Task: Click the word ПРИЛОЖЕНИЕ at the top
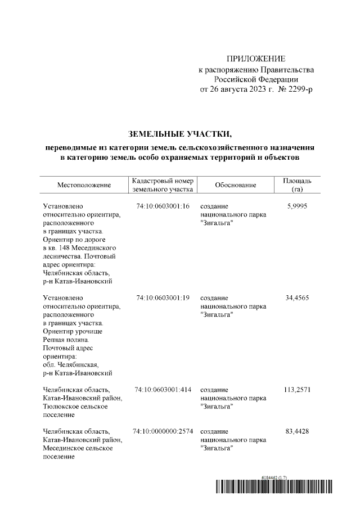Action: [256, 58]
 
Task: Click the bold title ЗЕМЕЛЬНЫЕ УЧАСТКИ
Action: [180, 134]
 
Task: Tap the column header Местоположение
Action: [84, 185]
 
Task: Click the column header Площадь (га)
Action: [298, 185]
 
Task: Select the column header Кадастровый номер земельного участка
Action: [163, 185]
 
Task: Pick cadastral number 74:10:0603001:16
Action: [163, 206]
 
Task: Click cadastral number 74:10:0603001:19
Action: [163, 298]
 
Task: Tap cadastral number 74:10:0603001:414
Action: [163, 389]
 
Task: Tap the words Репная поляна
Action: [65, 340]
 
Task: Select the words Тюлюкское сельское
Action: [78, 406]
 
